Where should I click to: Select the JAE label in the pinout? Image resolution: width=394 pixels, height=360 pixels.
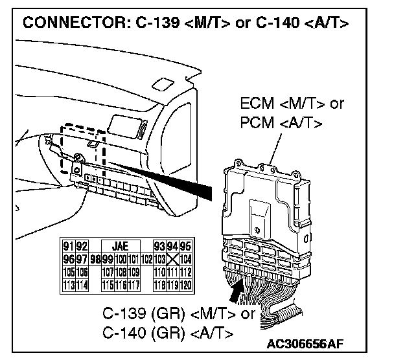click(x=121, y=246)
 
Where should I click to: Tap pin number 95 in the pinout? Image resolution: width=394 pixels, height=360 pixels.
click(x=185, y=246)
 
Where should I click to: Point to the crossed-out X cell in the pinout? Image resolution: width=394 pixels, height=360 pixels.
click(x=172, y=258)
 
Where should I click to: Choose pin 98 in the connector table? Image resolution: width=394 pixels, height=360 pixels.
click(x=95, y=258)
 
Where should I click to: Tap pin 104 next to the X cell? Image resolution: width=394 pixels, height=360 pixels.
click(x=185, y=258)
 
